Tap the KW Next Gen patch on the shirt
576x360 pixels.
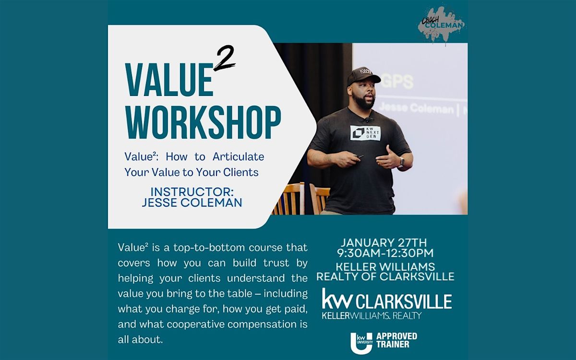click(365, 133)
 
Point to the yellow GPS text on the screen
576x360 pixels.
click(398, 82)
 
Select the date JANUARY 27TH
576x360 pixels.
click(385, 242)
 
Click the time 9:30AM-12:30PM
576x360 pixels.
click(385, 253)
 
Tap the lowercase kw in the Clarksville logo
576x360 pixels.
click(337, 299)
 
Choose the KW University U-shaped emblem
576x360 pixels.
click(361, 341)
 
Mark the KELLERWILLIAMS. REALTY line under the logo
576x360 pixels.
click(372, 315)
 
